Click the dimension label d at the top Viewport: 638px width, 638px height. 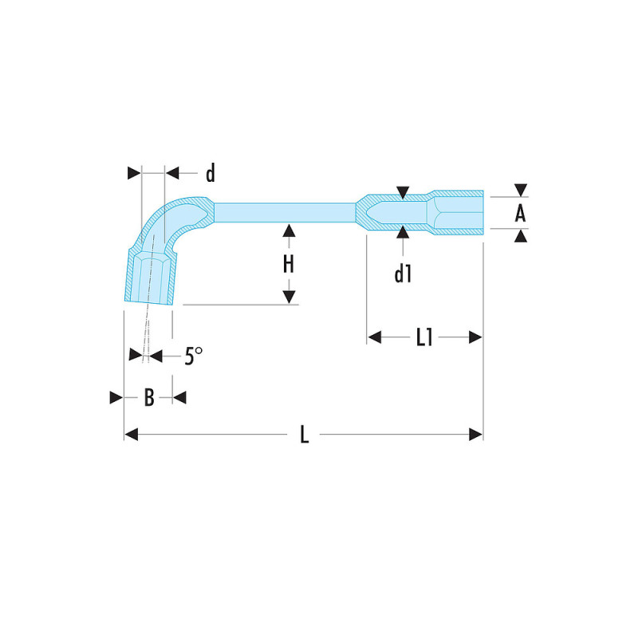(x=210, y=174)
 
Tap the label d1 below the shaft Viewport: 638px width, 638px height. (x=403, y=274)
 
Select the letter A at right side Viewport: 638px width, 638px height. (x=520, y=213)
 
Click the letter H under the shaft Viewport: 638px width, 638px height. (x=289, y=265)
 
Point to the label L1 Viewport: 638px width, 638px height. (x=424, y=337)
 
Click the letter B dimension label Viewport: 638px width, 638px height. (x=148, y=398)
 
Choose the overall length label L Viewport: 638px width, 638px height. (x=304, y=435)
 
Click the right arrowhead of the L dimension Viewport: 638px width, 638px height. (x=476, y=435)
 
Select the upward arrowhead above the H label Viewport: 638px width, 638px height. (x=289, y=230)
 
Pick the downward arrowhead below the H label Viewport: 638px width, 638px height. (x=289, y=297)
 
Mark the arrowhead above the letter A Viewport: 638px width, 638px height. (x=520, y=190)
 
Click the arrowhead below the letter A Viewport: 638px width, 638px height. (x=520, y=235)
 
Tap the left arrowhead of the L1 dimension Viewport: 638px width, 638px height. (x=374, y=337)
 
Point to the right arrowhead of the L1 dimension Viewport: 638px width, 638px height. (x=476, y=337)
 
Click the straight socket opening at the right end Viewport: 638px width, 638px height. (x=459, y=213)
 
